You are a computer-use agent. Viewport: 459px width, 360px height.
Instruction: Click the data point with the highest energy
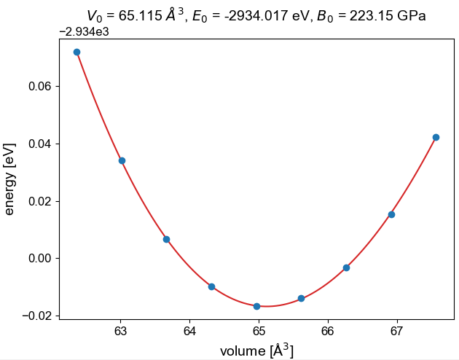[x=76, y=52]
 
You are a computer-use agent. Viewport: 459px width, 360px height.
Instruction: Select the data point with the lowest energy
[x=256, y=306]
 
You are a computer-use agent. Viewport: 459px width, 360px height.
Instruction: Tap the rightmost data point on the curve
[x=436, y=137]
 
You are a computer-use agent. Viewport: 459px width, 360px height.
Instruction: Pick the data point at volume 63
[x=122, y=160]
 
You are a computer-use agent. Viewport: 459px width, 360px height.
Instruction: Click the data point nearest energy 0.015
[x=391, y=214]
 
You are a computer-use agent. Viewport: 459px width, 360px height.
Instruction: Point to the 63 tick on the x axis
[x=121, y=319]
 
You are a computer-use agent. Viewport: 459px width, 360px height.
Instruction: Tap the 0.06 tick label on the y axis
[x=37, y=86]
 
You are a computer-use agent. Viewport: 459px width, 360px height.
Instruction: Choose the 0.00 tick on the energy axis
[x=60, y=258]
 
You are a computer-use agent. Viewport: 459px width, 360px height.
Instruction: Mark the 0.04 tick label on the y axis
[x=37, y=144]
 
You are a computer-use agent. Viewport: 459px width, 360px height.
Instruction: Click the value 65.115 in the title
[x=138, y=15]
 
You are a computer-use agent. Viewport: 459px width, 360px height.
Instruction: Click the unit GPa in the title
[x=411, y=15]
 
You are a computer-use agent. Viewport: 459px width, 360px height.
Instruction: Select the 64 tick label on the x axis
[x=189, y=332]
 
